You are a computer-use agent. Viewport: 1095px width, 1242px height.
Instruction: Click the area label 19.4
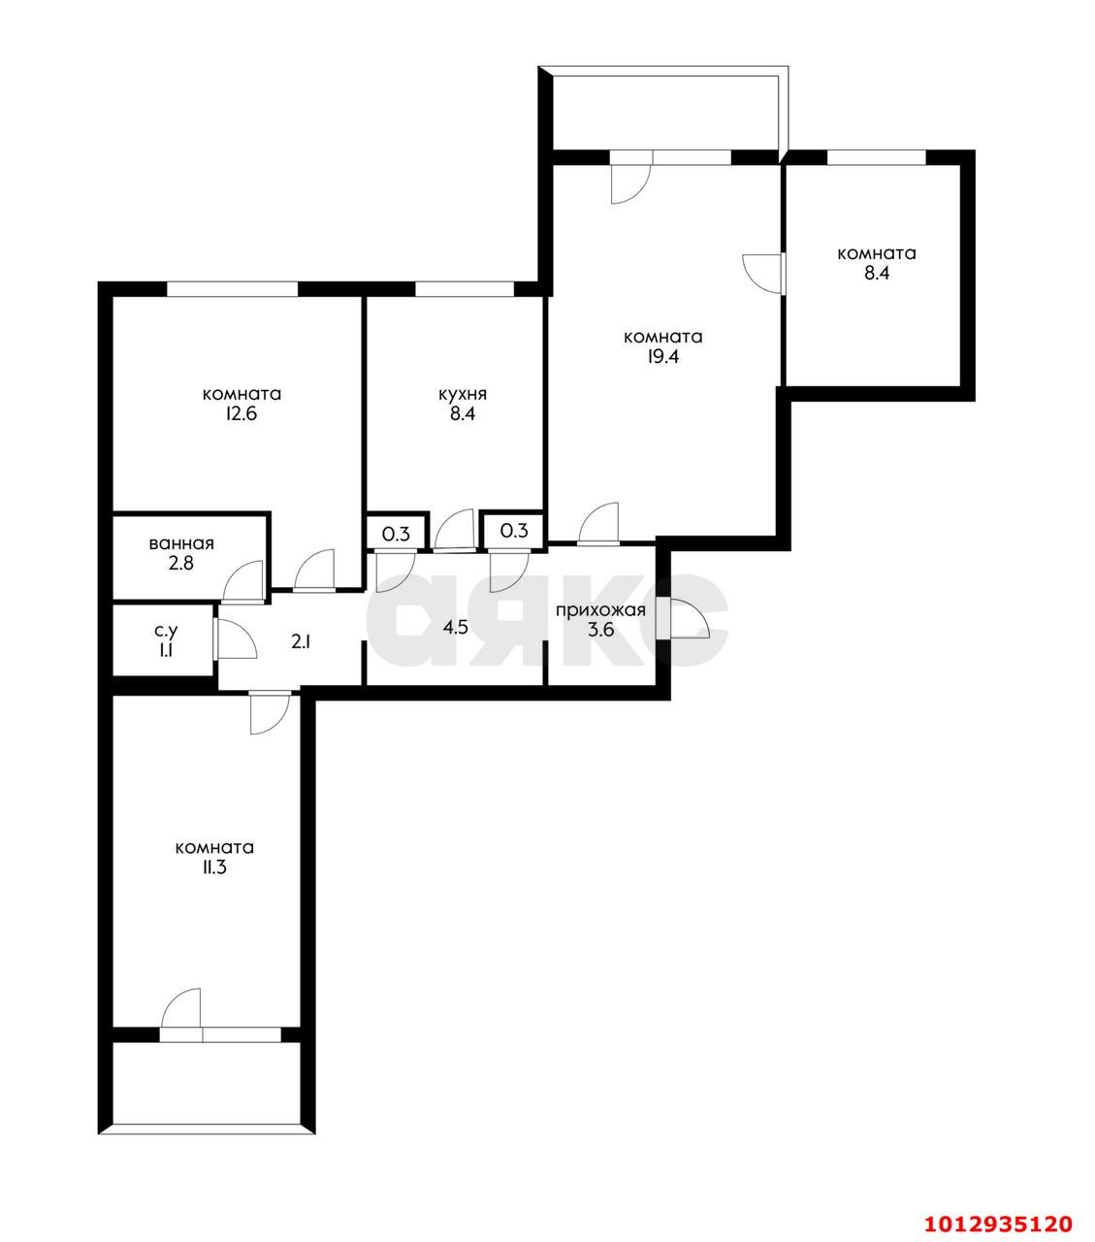tap(662, 356)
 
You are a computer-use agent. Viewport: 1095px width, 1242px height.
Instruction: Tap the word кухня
tap(462, 394)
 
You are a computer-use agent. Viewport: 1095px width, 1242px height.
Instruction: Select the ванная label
tap(181, 544)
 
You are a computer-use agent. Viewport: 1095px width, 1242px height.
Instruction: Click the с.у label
tap(165, 631)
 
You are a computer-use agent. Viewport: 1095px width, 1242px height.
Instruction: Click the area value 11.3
tap(214, 866)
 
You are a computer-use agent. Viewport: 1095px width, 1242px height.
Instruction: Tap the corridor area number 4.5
tap(455, 628)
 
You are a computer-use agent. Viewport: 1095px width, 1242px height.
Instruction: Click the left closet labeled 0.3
tap(395, 532)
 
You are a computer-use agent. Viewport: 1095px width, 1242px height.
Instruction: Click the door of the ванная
tap(243, 584)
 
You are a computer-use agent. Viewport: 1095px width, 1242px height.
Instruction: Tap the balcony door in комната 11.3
tap(181, 1012)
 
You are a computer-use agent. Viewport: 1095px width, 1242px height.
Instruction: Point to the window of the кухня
tap(465, 288)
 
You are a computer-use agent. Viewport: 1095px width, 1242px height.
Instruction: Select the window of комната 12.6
tap(232, 288)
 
